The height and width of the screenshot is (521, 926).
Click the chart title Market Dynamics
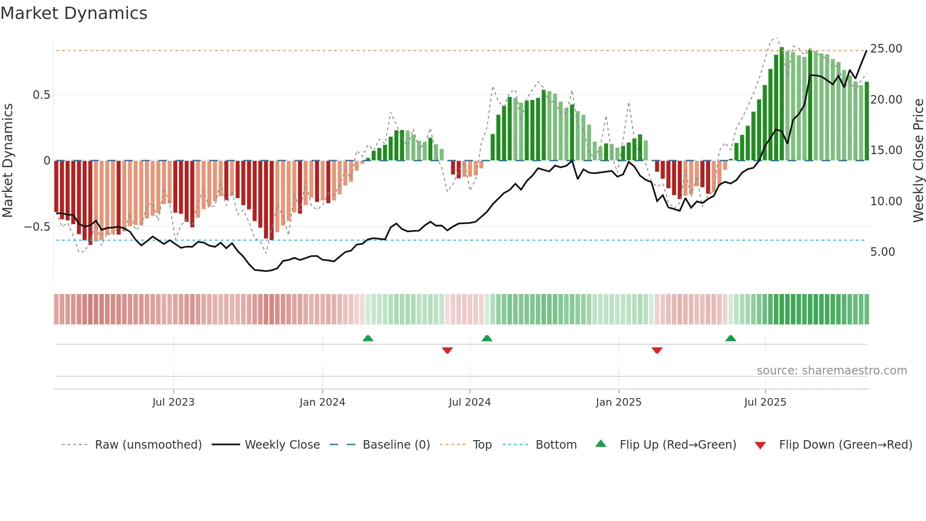74,13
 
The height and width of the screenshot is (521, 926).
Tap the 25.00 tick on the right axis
886,49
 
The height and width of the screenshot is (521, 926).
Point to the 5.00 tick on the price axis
882,252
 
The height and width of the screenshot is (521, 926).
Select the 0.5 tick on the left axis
41,95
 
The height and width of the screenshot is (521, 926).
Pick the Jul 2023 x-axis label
173,402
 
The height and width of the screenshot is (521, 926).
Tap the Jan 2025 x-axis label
618,402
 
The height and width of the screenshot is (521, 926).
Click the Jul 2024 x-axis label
469,402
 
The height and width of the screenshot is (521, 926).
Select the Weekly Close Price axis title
918,161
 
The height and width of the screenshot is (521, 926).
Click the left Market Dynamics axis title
8,161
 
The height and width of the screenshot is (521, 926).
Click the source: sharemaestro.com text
832,371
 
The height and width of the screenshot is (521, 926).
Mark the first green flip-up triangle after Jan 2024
368,338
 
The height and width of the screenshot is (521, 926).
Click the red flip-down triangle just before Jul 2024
447,350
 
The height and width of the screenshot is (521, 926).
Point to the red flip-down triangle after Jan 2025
657,350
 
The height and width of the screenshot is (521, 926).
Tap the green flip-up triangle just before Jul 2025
730,338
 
